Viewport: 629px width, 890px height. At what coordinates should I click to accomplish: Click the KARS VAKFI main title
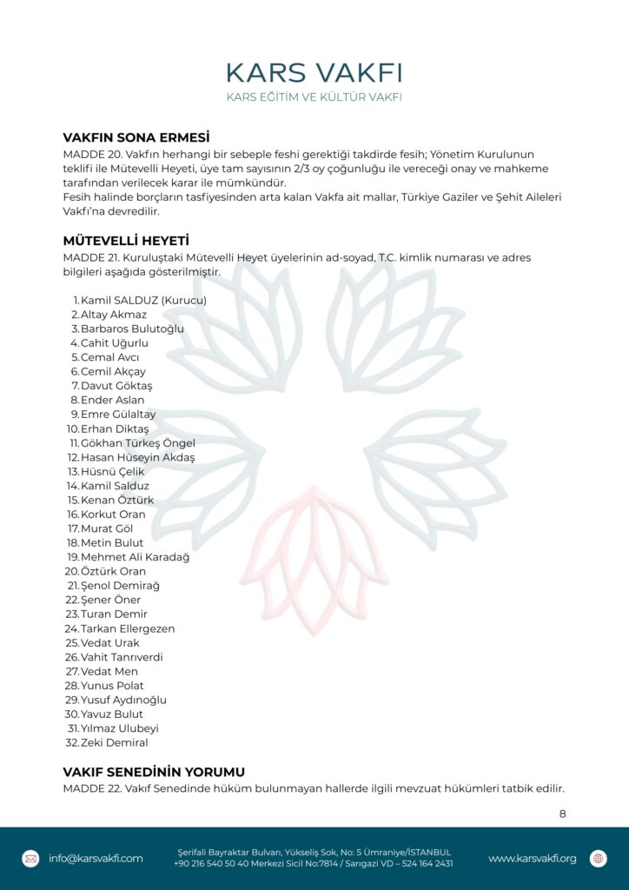coord(314,72)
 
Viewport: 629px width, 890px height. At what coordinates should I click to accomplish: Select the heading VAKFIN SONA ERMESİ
coord(137,137)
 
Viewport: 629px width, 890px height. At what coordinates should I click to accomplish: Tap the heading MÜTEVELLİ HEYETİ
coord(126,241)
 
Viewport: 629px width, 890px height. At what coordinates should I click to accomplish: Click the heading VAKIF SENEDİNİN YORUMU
coord(154,772)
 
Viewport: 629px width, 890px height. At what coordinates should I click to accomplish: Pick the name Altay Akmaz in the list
coord(114,315)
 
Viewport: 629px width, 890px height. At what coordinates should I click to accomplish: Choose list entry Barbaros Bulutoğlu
coord(132,329)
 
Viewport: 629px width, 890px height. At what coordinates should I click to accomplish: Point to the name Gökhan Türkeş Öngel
coord(138,443)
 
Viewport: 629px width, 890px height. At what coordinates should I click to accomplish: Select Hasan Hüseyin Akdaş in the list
coord(137,457)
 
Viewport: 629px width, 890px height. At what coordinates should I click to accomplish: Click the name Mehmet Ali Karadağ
coord(135,557)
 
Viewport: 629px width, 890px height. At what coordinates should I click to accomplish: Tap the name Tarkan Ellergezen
coord(128,628)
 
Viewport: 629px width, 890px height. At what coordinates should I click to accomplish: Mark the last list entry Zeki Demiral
coord(114,743)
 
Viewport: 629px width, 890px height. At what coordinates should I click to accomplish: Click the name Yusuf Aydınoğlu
coord(123,700)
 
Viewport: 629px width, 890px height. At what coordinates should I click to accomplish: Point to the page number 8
coord(562,814)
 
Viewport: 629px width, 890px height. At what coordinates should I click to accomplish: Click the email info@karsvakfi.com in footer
coord(96,859)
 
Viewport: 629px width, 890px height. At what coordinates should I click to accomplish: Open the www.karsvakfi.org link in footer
coord(532,859)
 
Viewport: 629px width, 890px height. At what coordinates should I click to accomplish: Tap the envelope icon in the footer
coord(30,859)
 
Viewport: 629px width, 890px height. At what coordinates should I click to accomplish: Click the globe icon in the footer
coord(598,859)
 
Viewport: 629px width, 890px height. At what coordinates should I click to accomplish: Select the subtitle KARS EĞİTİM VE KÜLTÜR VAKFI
coord(314,96)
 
